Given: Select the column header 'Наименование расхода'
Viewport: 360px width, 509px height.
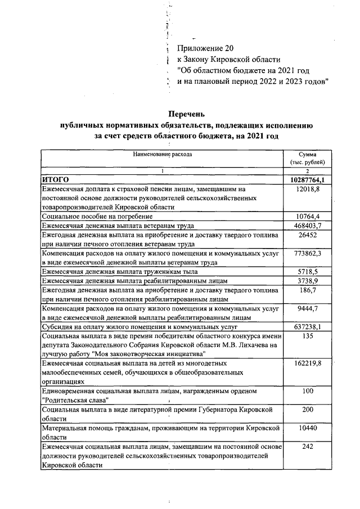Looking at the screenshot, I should pyautogui.click(x=163, y=154).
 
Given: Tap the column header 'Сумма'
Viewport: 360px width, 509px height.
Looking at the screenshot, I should pyautogui.click(x=307, y=154).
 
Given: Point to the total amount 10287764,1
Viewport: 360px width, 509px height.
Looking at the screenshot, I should pyautogui.click(x=308, y=179).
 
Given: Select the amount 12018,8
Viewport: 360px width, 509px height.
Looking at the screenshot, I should pyautogui.click(x=308, y=190).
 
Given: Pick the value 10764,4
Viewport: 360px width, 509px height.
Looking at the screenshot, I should pyautogui.click(x=308, y=217).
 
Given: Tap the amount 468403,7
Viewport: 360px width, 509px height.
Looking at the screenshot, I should pyautogui.click(x=308, y=226).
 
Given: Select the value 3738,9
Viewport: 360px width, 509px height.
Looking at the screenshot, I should pyautogui.click(x=308, y=280).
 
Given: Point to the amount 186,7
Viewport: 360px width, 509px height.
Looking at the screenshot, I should pyautogui.click(x=308, y=290).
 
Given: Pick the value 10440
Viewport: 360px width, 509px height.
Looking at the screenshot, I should pyautogui.click(x=308, y=427).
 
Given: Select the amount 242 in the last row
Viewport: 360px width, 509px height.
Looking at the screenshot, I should pyautogui.click(x=308, y=446).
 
